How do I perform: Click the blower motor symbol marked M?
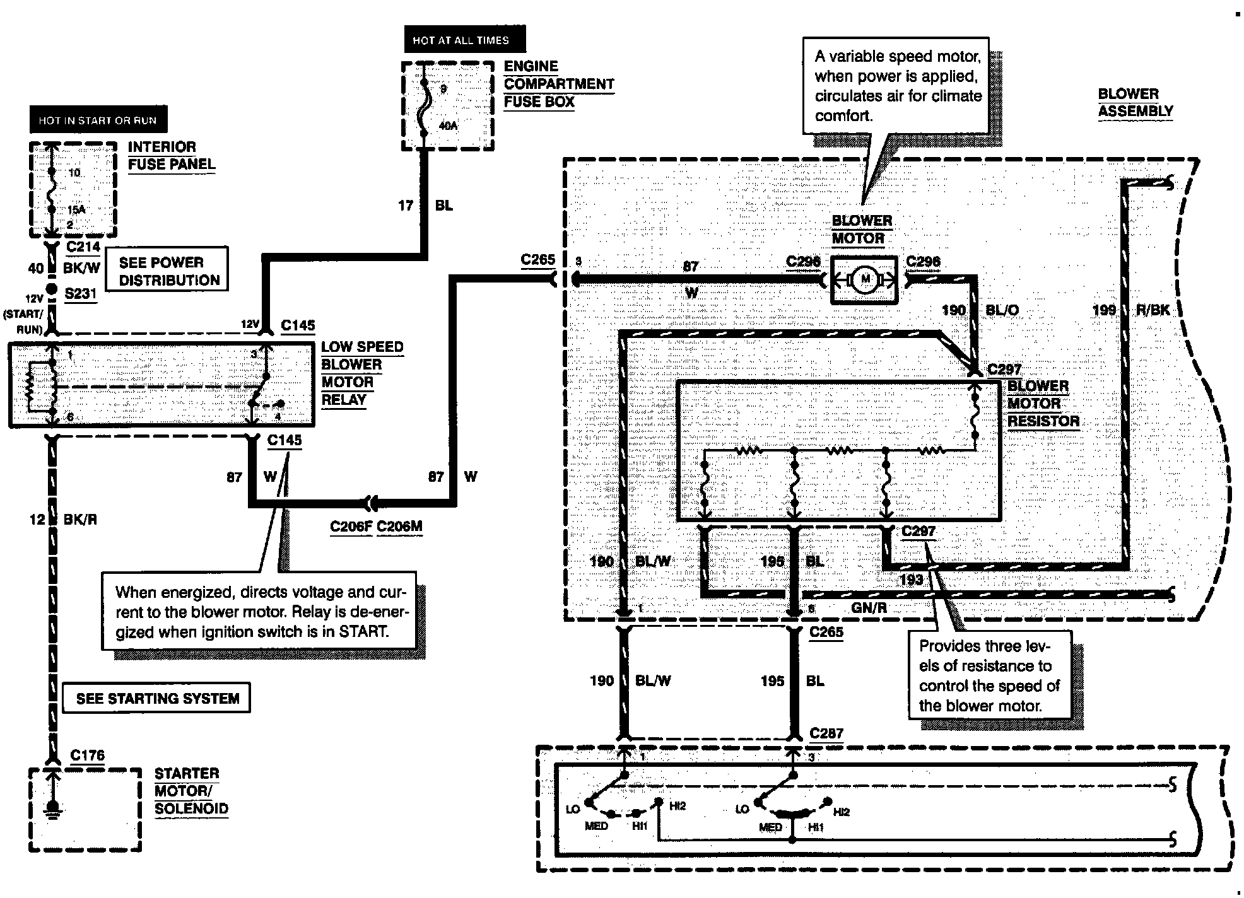[864, 280]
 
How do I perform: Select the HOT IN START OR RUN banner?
[98, 120]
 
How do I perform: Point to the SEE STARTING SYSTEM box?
[158, 698]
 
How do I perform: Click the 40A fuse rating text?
[448, 126]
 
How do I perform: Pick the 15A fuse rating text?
[76, 209]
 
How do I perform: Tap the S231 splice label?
[81, 293]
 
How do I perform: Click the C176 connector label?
[88, 755]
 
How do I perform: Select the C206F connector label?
[351, 527]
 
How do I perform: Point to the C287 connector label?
[826, 733]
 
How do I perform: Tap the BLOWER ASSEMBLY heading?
[1135, 102]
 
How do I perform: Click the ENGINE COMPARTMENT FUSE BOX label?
[559, 84]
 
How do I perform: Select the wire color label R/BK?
[1153, 310]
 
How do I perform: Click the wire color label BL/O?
[1002, 310]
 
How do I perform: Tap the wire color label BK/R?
[80, 519]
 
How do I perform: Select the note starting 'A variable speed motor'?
[896, 85]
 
